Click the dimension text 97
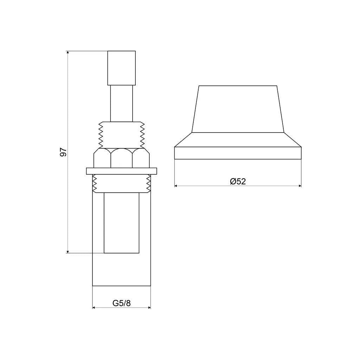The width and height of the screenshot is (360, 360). click(x=63, y=152)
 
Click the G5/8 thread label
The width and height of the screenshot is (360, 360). click(x=121, y=303)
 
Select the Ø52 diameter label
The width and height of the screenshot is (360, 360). click(x=238, y=181)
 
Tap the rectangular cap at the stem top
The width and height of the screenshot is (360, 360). click(x=121, y=68)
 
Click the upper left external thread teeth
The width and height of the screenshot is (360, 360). click(x=101, y=134)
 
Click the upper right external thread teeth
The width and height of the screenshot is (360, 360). click(x=142, y=134)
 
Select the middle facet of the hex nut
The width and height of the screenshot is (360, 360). click(x=122, y=158)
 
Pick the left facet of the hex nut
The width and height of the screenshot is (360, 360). click(x=102, y=158)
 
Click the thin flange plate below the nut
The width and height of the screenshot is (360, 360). click(x=121, y=171)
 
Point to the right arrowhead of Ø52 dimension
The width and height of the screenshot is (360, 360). click(x=300, y=186)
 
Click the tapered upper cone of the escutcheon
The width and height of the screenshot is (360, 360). click(x=238, y=109)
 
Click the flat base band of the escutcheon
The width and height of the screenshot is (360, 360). click(x=238, y=153)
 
